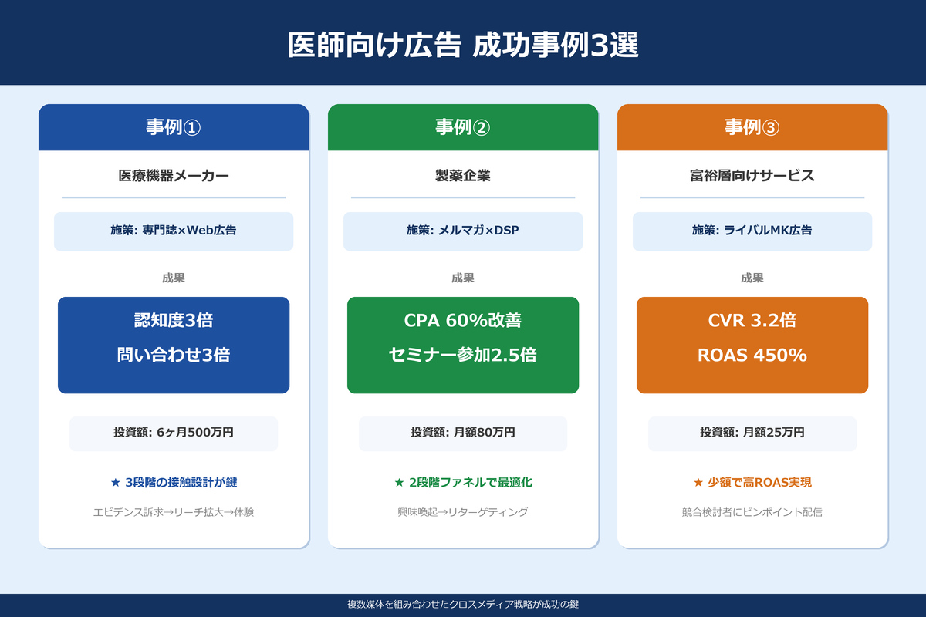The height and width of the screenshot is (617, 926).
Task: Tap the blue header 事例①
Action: pyautogui.click(x=174, y=127)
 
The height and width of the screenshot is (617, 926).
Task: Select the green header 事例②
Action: pyautogui.click(x=463, y=127)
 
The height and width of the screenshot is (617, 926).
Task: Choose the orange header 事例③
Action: pyautogui.click(x=752, y=127)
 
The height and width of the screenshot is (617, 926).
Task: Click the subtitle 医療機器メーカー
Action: pyautogui.click(x=174, y=176)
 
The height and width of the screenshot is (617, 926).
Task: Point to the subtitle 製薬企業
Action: pyautogui.click(x=463, y=176)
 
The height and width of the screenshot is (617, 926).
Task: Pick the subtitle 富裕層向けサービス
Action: pyautogui.click(x=752, y=176)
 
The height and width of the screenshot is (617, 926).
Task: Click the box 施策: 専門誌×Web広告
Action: pyautogui.click(x=174, y=231)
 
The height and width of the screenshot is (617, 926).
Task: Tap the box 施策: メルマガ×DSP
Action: pyautogui.click(x=463, y=231)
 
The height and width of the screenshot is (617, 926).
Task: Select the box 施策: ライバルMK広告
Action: pyautogui.click(x=752, y=231)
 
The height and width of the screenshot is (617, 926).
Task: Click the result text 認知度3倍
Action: pyautogui.click(x=174, y=321)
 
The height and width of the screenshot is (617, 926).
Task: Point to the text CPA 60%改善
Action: pyautogui.click(x=463, y=321)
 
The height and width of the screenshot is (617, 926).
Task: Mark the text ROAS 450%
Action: pyautogui.click(x=752, y=356)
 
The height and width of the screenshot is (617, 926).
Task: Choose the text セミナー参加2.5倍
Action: pyautogui.click(x=463, y=356)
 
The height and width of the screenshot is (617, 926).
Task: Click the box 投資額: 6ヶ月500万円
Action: pyautogui.click(x=174, y=433)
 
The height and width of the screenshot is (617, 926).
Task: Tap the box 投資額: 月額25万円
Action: pyautogui.click(x=752, y=433)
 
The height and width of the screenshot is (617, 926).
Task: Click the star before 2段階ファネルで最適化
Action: pyautogui.click(x=399, y=483)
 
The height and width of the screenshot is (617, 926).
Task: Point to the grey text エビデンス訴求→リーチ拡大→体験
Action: pyautogui.click(x=174, y=512)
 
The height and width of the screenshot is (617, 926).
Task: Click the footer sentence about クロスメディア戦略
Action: pyautogui.click(x=463, y=605)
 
